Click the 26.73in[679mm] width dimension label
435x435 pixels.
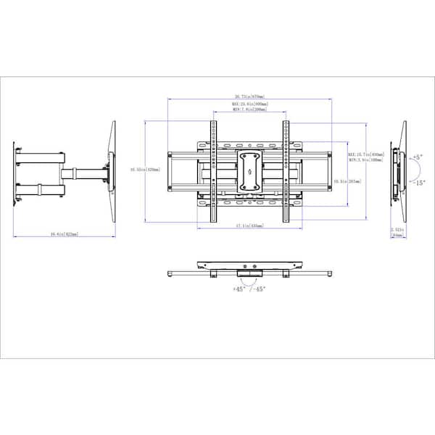(x=249, y=96)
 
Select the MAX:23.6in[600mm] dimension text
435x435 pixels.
(x=249, y=104)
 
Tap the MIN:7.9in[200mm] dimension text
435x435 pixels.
(x=249, y=110)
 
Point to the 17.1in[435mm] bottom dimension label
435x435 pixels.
(x=249, y=226)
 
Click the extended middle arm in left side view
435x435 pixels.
(x=86, y=173)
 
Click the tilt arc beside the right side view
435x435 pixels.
(x=410, y=171)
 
